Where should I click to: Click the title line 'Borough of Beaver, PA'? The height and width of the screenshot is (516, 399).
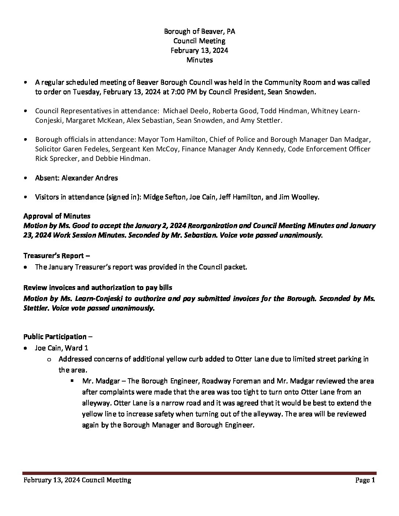click(199, 32)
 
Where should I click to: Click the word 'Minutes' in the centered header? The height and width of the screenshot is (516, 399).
click(199, 60)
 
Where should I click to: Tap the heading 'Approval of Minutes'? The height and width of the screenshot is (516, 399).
click(57, 216)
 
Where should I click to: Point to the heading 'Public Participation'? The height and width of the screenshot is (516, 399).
click(55, 336)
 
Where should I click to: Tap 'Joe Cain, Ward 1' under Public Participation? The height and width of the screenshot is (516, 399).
click(61, 348)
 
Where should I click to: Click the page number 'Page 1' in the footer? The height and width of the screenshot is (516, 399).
click(365, 480)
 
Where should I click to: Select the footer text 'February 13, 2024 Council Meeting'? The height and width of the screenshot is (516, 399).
click(77, 480)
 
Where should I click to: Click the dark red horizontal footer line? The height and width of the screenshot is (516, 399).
click(199, 473)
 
